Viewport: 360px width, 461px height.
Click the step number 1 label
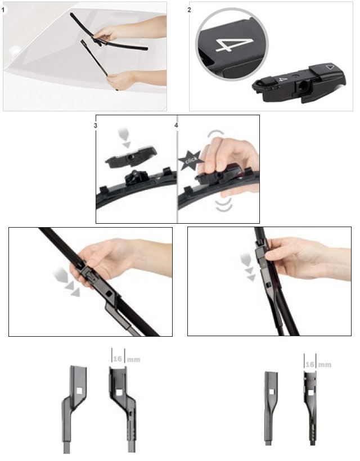click(3, 10)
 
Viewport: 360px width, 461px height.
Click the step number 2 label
click(189, 10)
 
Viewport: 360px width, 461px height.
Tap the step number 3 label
click(95, 125)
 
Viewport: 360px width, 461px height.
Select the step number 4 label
click(176, 125)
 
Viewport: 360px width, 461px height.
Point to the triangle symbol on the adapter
click(330, 67)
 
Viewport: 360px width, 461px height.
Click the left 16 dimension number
click(118, 359)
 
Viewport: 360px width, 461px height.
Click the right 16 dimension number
click(310, 364)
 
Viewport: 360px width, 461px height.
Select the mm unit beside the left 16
click(133, 360)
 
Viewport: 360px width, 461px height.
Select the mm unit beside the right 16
click(325, 365)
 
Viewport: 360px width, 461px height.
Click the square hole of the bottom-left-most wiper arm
click(79, 391)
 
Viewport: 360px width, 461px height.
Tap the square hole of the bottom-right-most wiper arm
click(310, 392)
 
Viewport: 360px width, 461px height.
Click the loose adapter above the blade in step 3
click(131, 156)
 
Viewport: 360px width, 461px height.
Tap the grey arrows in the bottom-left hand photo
click(67, 281)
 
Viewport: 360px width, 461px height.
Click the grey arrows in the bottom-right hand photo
click(248, 268)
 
